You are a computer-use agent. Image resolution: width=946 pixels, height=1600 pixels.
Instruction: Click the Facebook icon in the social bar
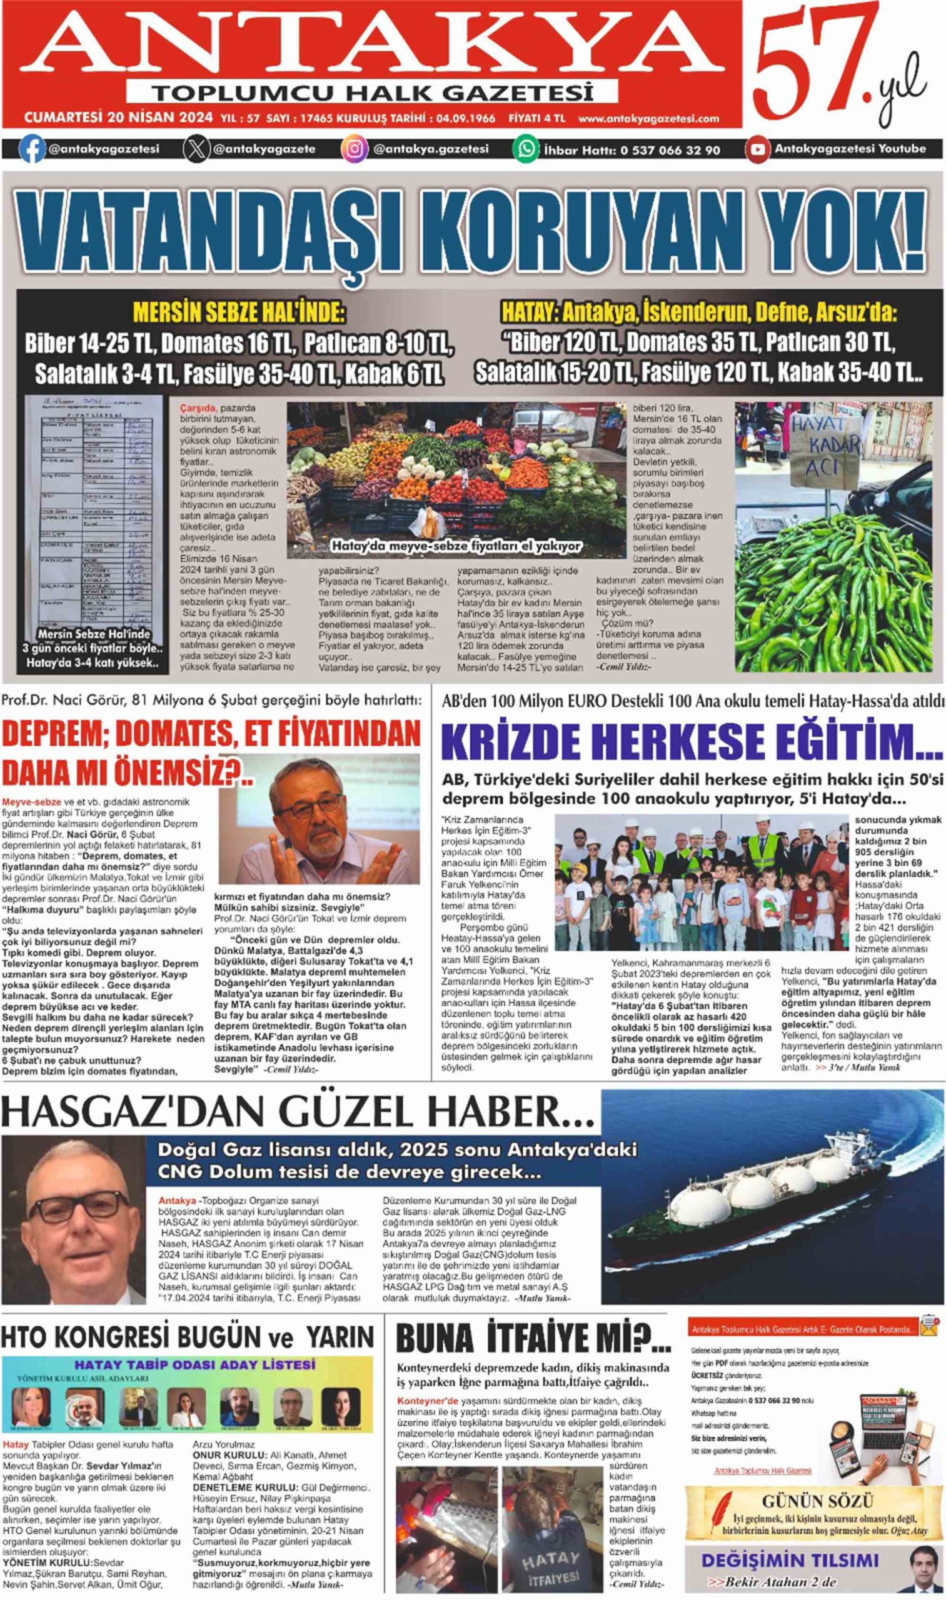tap(31, 150)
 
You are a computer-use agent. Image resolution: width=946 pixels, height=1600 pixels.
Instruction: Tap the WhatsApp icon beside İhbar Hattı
tap(526, 150)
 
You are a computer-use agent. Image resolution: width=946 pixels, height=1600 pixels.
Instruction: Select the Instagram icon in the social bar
tap(355, 150)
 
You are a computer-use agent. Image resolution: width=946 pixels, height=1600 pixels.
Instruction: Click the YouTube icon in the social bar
tap(758, 150)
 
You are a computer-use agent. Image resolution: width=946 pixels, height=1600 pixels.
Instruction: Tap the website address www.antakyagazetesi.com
tap(648, 118)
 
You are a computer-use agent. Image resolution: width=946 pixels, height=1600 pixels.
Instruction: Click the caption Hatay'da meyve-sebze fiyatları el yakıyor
tap(456, 546)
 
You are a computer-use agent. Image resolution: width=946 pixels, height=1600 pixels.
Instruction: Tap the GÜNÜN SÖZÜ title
tap(817, 1502)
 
